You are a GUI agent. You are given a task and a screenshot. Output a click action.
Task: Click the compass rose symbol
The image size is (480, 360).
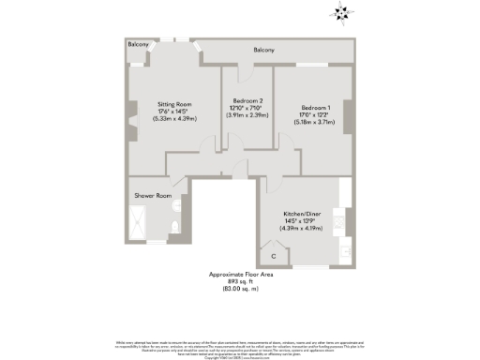[339, 13]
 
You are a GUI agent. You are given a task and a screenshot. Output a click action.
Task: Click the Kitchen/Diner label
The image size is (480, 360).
[302, 213]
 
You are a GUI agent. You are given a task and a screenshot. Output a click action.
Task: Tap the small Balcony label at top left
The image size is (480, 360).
[140, 44]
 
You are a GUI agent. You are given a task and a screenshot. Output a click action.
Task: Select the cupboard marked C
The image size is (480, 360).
[273, 255]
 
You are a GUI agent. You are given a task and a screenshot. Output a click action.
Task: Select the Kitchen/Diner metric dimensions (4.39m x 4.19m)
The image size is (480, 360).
[302, 228]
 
